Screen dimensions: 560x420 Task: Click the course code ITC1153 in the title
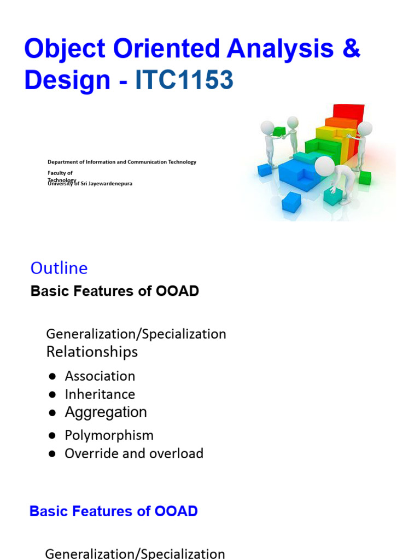tap(184, 80)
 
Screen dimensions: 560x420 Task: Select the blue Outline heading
tap(59, 268)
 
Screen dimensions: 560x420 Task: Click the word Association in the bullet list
tap(100, 376)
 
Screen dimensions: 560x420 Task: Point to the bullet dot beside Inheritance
tap(52, 394)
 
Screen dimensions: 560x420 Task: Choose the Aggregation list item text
tap(106, 412)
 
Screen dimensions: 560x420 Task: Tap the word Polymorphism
tap(109, 435)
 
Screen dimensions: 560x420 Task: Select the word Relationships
tap(92, 352)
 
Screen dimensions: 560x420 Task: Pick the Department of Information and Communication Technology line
tap(121, 162)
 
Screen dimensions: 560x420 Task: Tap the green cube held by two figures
tap(279, 131)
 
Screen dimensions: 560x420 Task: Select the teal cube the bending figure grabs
tap(332, 195)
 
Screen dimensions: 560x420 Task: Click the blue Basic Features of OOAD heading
tap(113, 511)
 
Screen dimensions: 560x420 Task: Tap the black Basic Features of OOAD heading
tap(115, 291)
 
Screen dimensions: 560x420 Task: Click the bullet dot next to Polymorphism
tap(52, 436)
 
